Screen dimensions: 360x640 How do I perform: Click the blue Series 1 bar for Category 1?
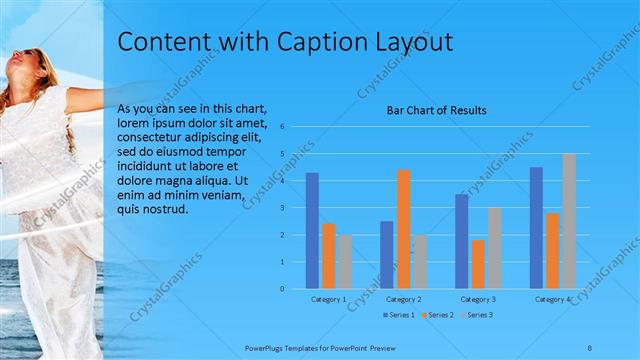[312, 231]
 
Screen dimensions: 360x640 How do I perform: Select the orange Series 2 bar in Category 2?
[403, 229]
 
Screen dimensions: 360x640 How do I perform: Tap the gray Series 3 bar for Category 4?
[569, 221]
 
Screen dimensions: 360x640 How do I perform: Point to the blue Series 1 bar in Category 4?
[536, 228]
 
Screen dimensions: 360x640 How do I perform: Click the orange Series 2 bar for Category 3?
[478, 264]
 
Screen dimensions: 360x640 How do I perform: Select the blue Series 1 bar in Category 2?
[386, 255]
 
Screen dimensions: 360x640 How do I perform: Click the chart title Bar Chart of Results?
[437, 110]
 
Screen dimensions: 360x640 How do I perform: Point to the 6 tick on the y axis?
[283, 127]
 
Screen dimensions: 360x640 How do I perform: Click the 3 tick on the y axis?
[283, 208]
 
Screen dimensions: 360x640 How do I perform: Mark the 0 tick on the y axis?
[283, 289]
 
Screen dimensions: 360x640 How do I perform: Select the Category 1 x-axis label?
[328, 299]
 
